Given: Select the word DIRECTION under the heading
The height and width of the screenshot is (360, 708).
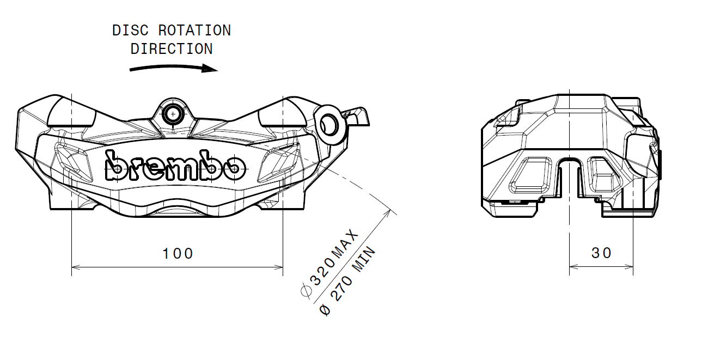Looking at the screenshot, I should (x=172, y=49).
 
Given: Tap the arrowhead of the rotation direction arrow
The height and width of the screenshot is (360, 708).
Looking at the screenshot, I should (x=210, y=69).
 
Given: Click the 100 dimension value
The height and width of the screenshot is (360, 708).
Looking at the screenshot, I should (x=178, y=253).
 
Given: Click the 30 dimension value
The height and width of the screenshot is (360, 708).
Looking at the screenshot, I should (x=601, y=253).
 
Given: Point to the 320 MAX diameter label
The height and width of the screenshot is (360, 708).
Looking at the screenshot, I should (x=332, y=261).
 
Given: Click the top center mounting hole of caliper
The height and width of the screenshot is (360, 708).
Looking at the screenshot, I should (x=173, y=114).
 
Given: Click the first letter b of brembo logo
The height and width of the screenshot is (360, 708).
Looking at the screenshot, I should (x=115, y=167).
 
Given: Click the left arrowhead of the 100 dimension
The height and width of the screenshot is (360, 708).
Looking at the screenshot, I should (x=76, y=267).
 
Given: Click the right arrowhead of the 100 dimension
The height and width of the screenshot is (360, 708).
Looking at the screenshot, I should (x=279, y=267).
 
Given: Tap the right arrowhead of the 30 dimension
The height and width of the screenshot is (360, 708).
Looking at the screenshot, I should (x=630, y=267).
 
